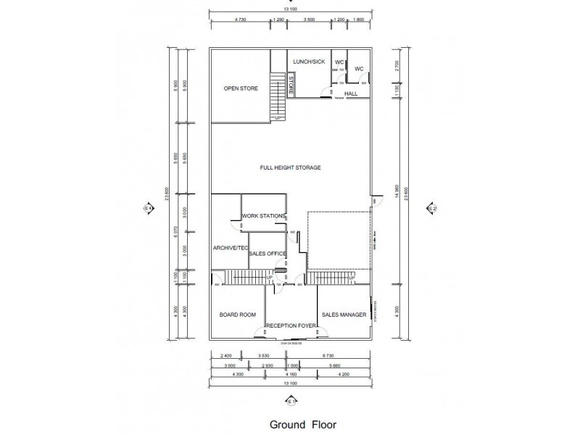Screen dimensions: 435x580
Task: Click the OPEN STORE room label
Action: (241, 88)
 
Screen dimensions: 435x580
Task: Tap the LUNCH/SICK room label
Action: (309, 62)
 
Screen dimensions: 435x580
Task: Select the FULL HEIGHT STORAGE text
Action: (290, 167)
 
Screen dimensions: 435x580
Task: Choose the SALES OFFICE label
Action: (268, 254)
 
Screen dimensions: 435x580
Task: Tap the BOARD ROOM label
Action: (238, 315)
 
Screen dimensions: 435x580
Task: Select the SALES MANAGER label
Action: (344, 315)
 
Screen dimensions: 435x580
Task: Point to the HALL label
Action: (351, 94)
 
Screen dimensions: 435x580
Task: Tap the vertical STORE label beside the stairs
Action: (291, 86)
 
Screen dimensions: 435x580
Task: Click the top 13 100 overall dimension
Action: (290, 9)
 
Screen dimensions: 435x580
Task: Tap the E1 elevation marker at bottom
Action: (291, 400)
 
